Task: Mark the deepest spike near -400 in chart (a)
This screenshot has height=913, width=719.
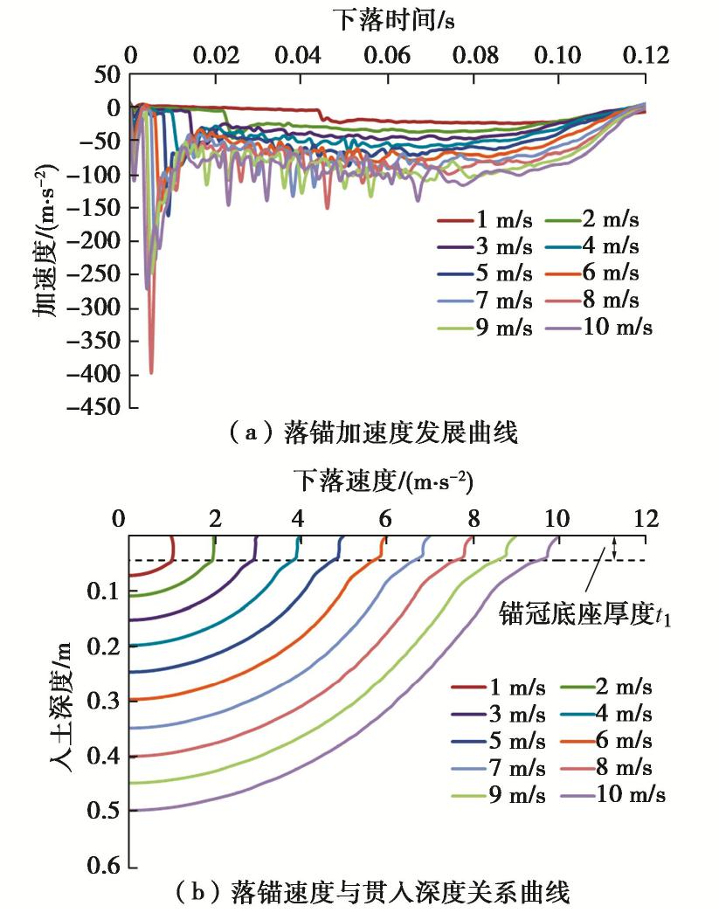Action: [x=151, y=372]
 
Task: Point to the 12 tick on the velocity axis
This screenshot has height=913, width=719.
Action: [x=645, y=519]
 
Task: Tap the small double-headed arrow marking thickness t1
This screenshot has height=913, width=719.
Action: [x=614, y=549]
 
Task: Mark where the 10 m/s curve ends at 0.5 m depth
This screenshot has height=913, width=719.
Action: [x=131, y=810]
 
